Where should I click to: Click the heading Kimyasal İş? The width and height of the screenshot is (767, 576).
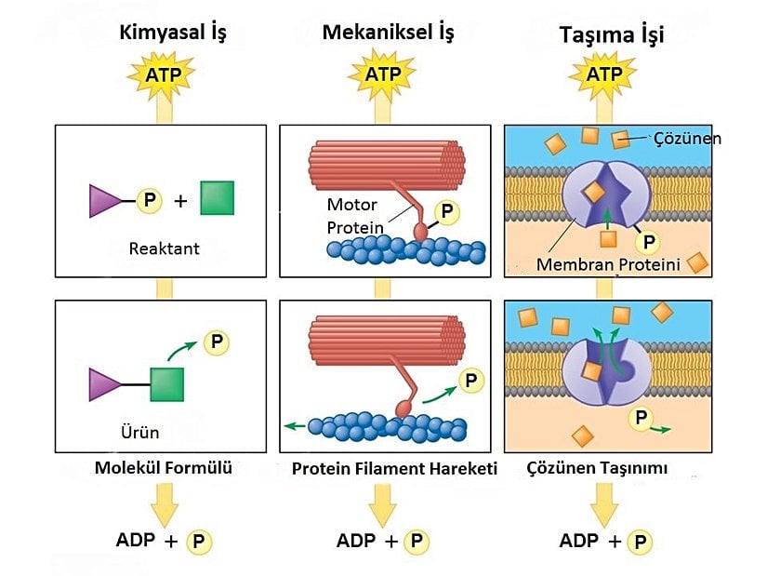pos(173,33)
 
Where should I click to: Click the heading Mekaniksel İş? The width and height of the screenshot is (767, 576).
pos(388,33)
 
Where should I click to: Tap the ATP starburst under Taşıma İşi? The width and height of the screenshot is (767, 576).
pos(603,74)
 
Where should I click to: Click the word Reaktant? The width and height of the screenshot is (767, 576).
pos(164,248)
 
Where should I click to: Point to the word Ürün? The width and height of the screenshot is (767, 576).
pos(140,432)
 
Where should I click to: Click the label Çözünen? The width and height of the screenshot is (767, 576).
pos(686,139)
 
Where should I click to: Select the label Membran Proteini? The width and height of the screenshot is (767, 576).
pos(609,265)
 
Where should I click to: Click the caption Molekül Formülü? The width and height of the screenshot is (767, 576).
pos(163,467)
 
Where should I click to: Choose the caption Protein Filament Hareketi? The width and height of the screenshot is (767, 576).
pos(394,468)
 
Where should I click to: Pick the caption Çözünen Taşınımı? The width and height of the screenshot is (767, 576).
pos(597,468)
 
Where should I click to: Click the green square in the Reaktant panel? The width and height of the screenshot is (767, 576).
pos(217,197)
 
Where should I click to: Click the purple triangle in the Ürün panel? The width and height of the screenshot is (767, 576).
pos(103,383)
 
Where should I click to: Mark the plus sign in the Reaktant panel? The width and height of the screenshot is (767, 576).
pos(180,199)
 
